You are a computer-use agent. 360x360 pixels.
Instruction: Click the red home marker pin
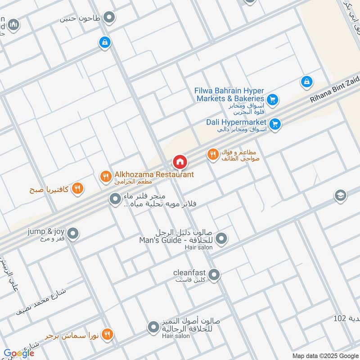pos(180,162)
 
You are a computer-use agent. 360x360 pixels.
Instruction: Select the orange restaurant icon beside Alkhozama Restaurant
pos(106,176)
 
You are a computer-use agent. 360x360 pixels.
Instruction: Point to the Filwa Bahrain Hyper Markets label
pos(229,94)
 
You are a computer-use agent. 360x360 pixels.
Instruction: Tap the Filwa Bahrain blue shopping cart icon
pos(272,99)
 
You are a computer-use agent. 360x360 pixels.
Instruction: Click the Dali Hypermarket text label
pos(236,122)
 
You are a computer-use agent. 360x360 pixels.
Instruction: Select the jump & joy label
pos(46,231)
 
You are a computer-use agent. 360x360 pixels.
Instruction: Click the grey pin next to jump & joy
pos(73,234)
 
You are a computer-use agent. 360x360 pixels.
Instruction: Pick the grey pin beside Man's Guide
pos(221,239)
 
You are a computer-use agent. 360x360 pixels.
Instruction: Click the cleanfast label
pos(189,273)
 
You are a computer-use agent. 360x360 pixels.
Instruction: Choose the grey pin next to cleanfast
pos(214,274)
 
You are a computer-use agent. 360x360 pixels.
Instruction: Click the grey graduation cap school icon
pos(340,196)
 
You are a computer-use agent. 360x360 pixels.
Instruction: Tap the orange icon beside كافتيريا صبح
pos(78,188)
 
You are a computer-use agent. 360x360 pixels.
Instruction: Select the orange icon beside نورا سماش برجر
pos(107,334)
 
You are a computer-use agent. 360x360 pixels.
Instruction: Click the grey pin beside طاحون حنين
pos(109,18)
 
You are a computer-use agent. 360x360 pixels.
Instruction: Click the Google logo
pos(19,353)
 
